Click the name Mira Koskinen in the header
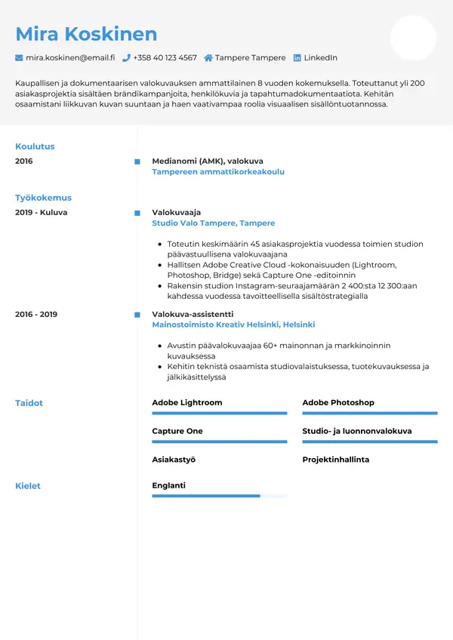pyautogui.click(x=86, y=34)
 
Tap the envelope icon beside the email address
pyautogui.click(x=19, y=58)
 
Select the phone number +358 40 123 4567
pyautogui.click(x=165, y=58)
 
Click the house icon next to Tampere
pyautogui.click(x=208, y=58)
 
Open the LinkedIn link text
pyautogui.click(x=320, y=58)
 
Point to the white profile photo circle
pyautogui.click(x=413, y=38)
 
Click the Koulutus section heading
pyautogui.click(x=35, y=146)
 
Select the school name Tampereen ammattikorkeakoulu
pyautogui.click(x=218, y=172)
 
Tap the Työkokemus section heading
pyautogui.click(x=43, y=198)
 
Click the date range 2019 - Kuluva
pyautogui.click(x=42, y=213)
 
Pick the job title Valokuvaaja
pyautogui.click(x=177, y=213)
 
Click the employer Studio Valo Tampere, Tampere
pyautogui.click(x=214, y=223)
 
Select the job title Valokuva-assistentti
pyautogui.click(x=193, y=314)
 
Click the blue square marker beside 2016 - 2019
pyautogui.click(x=137, y=314)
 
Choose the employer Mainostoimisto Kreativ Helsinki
pyautogui.click(x=233, y=325)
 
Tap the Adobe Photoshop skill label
pyautogui.click(x=338, y=403)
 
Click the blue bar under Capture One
pyautogui.click(x=219, y=442)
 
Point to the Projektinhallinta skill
pyautogui.click(x=336, y=460)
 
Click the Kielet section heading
pyautogui.click(x=28, y=486)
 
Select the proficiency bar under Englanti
pyautogui.click(x=219, y=496)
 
